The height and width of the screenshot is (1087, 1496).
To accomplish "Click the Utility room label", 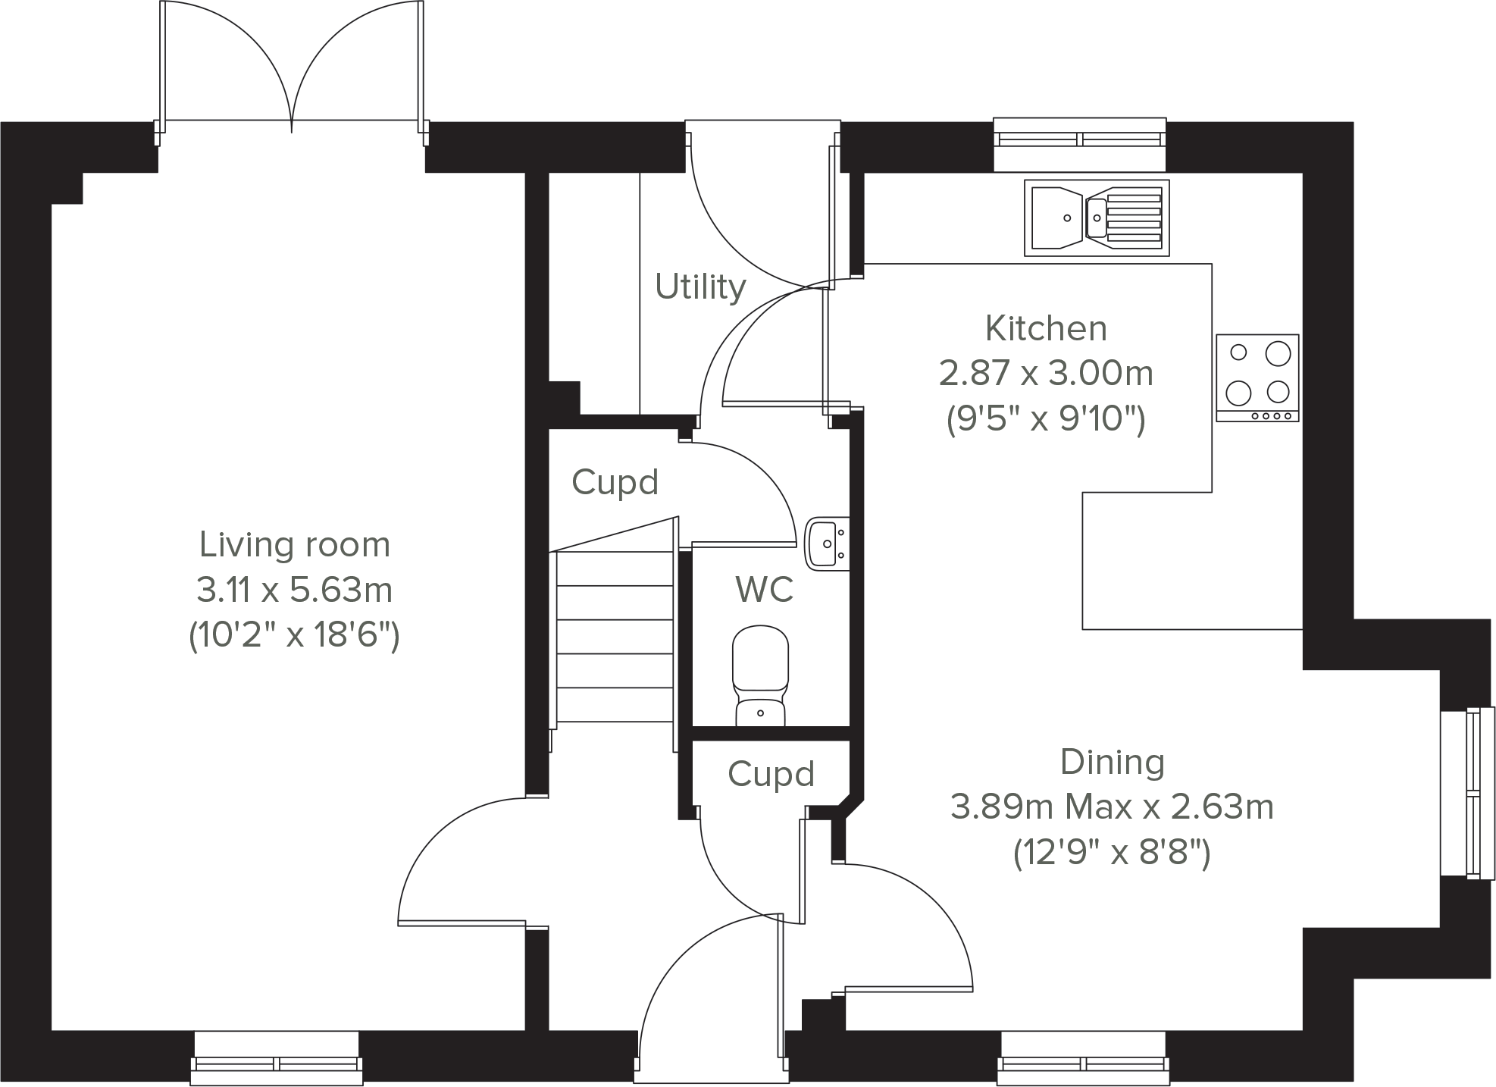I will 700,287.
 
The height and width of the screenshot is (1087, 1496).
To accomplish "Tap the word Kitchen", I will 1046,329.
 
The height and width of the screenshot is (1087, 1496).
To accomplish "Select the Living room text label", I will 294,545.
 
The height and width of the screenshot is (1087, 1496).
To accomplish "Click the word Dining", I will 1112,763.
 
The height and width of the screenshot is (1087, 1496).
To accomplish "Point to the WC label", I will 764,589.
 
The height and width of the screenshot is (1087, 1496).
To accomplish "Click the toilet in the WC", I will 760,675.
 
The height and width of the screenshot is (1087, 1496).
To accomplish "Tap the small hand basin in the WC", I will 827,543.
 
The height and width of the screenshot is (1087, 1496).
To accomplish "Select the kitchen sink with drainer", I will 1096,218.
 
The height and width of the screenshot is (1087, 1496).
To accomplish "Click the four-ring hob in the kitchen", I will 1257,377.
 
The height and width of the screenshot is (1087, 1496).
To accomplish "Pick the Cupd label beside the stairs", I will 615,482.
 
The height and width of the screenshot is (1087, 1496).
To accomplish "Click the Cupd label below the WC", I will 771,774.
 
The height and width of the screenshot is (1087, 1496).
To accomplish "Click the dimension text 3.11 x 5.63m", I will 294,590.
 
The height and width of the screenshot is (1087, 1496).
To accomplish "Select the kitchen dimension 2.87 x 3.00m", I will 1046,374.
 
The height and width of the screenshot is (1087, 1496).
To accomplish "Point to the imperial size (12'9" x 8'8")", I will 1112,854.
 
